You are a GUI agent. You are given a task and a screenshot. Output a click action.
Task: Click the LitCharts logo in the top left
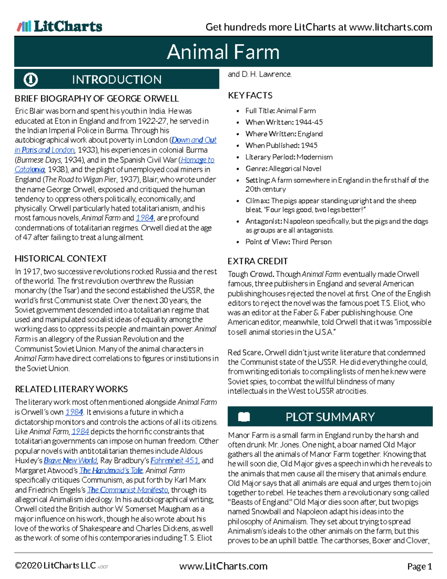tap(60, 26)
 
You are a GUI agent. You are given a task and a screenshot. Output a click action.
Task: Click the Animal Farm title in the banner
tap(223, 52)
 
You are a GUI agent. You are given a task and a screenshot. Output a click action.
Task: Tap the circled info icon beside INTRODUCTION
tap(31, 79)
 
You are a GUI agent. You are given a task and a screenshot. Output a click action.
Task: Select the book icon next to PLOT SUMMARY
tap(244, 416)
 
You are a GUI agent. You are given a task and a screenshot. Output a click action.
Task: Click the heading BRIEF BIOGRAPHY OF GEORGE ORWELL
tap(96, 98)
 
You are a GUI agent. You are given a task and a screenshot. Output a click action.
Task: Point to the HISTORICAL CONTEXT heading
tap(61, 258)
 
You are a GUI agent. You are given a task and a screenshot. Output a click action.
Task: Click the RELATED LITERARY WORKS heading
tap(71, 389)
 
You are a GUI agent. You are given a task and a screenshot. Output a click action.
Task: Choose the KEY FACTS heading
tap(250, 95)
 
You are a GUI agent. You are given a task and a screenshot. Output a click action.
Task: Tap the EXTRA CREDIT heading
tap(257, 261)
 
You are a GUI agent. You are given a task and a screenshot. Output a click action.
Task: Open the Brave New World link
tap(70, 460)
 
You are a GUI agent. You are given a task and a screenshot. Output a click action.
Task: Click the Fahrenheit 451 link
tap(175, 460)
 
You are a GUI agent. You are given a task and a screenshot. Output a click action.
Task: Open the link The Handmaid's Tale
tap(111, 470)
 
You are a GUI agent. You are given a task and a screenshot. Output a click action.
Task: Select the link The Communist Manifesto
tap(128, 490)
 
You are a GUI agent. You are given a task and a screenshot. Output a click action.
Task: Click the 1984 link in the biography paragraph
tap(145, 218)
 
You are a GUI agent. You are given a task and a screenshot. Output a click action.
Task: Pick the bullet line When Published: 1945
tap(281, 145)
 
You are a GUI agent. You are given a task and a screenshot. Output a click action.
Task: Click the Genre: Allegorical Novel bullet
tap(283, 169)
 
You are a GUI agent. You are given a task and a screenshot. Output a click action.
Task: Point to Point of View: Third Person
tap(288, 242)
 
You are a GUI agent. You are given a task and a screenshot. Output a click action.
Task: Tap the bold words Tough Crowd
tap(251, 274)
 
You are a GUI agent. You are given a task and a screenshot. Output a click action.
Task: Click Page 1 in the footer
tap(419, 566)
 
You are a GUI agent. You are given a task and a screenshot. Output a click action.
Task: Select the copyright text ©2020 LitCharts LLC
tap(55, 566)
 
